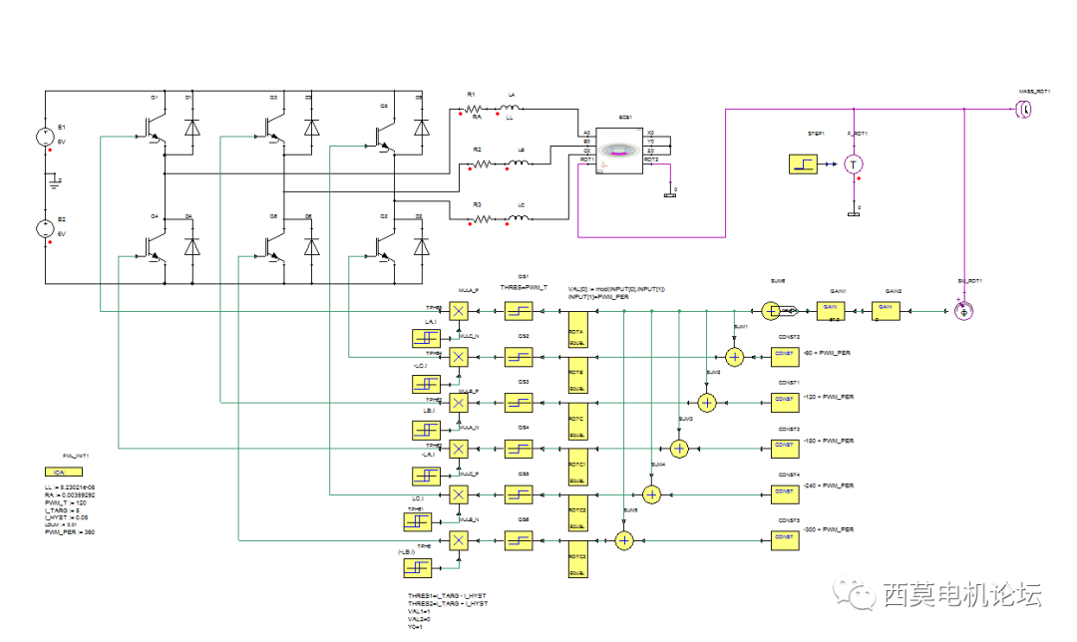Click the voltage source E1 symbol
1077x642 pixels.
pos(46,136)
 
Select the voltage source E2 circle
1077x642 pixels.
pos(46,227)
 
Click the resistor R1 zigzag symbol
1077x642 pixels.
pos(474,108)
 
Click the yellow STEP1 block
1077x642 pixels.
pos(804,163)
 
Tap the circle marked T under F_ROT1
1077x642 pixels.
pos(853,162)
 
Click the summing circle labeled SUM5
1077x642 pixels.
pos(624,540)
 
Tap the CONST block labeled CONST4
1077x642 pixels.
pos(784,491)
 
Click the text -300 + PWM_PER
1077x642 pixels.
pos(828,531)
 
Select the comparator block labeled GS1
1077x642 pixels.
pos(519,312)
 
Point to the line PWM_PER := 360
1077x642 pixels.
pos(70,532)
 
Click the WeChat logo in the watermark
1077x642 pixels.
pos(859,595)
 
